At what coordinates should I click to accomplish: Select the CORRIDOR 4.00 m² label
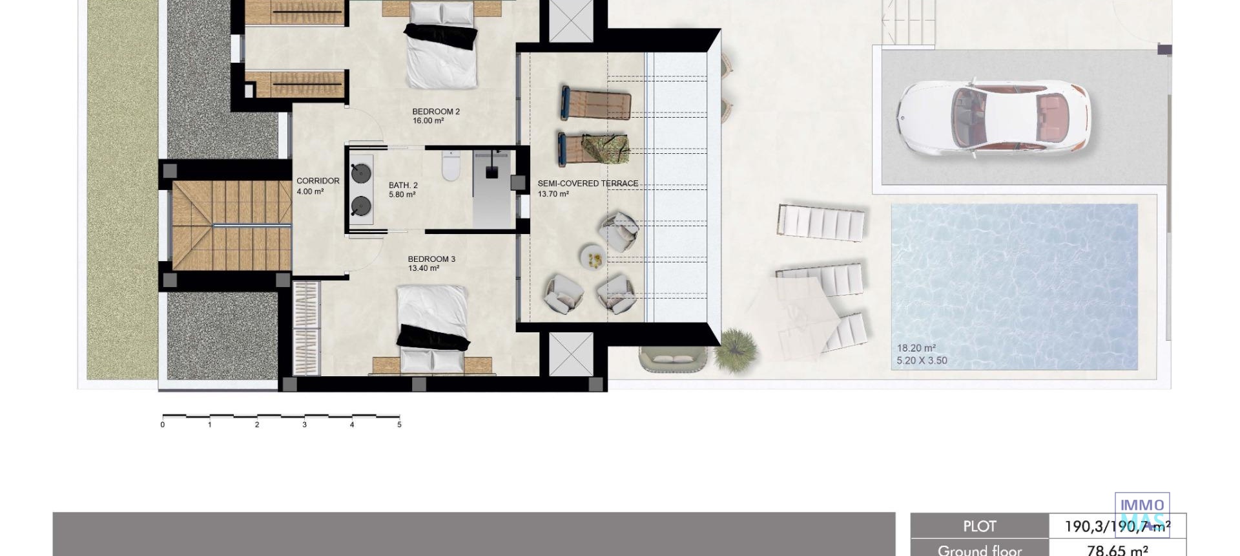[317, 186]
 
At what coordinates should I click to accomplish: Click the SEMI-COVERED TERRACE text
[588, 184]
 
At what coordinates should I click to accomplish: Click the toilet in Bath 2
[450, 166]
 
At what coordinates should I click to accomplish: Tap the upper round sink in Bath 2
[360, 173]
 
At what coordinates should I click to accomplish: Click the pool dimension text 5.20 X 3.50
[922, 361]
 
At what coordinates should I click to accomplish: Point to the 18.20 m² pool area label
[916, 348]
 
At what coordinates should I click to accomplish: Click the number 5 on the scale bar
[399, 425]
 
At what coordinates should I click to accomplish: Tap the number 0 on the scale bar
[163, 425]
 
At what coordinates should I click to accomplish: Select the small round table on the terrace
[593, 257]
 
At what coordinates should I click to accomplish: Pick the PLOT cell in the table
[979, 526]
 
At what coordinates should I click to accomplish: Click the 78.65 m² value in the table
[1117, 550]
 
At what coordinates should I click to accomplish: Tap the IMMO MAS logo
[1142, 514]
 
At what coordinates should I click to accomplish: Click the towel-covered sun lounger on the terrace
[594, 149]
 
